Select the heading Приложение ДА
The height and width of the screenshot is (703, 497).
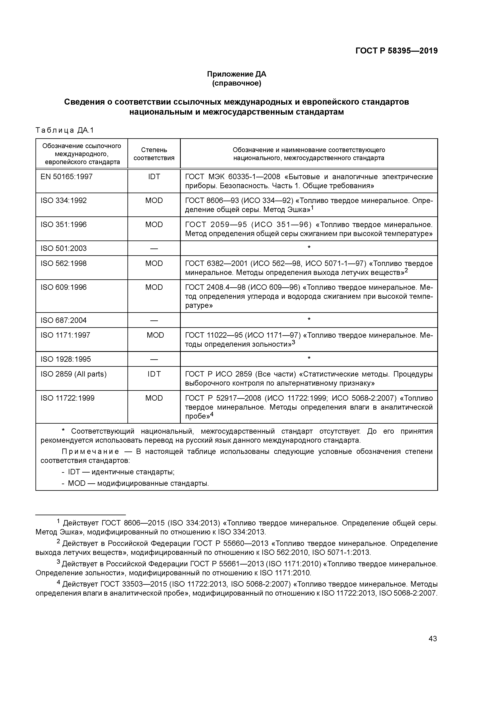pyautogui.click(x=236, y=74)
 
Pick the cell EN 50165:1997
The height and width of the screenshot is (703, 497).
pyautogui.click(x=67, y=177)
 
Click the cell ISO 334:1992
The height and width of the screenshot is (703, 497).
pyautogui.click(x=64, y=201)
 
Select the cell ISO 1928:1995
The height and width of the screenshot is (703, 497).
pyautogui.click(x=66, y=359)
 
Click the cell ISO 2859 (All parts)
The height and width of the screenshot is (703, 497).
pyautogui.click(x=74, y=374)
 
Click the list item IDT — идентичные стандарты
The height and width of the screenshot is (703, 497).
pyautogui.click(x=121, y=472)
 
